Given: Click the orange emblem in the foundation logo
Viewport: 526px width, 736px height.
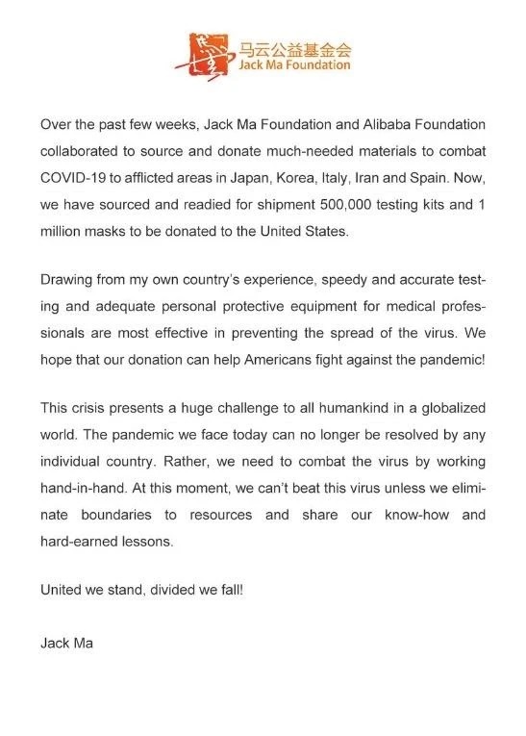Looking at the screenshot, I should tap(199, 54).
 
